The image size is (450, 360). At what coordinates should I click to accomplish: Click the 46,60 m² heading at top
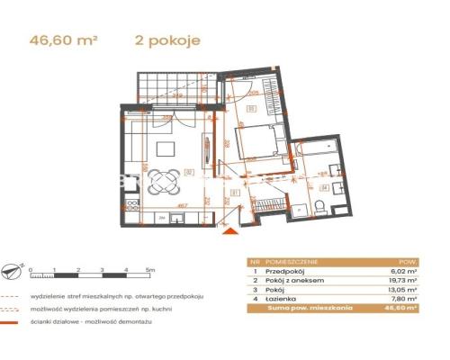pos(64,40)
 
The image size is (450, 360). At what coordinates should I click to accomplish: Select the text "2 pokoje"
pos(166,40)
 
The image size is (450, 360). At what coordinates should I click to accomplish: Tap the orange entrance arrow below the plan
pos(231,232)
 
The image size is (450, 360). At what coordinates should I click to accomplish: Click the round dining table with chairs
pos(163,179)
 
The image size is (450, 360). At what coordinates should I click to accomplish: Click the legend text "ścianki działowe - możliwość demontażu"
pos(105,323)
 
